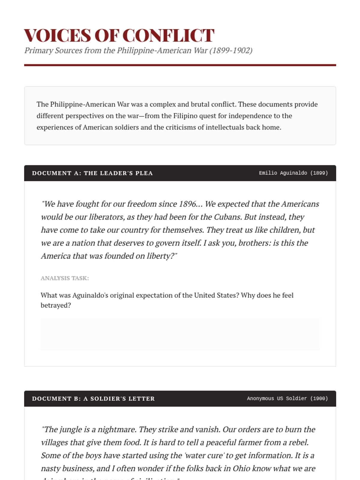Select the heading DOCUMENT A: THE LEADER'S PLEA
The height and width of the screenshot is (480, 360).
pos(92,173)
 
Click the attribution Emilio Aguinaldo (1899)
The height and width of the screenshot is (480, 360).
pos(293,173)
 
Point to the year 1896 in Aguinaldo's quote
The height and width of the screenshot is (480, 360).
pos(187,204)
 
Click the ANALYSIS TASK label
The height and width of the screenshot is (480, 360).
pos(65,278)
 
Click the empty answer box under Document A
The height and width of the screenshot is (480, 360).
pos(180,334)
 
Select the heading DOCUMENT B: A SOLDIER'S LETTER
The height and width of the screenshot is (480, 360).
pos(93,399)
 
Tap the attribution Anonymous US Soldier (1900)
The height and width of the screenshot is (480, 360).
pos(287,398)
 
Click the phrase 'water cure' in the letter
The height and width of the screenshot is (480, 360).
pos(204,456)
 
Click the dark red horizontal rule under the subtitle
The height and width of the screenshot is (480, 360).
pos(180,65)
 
